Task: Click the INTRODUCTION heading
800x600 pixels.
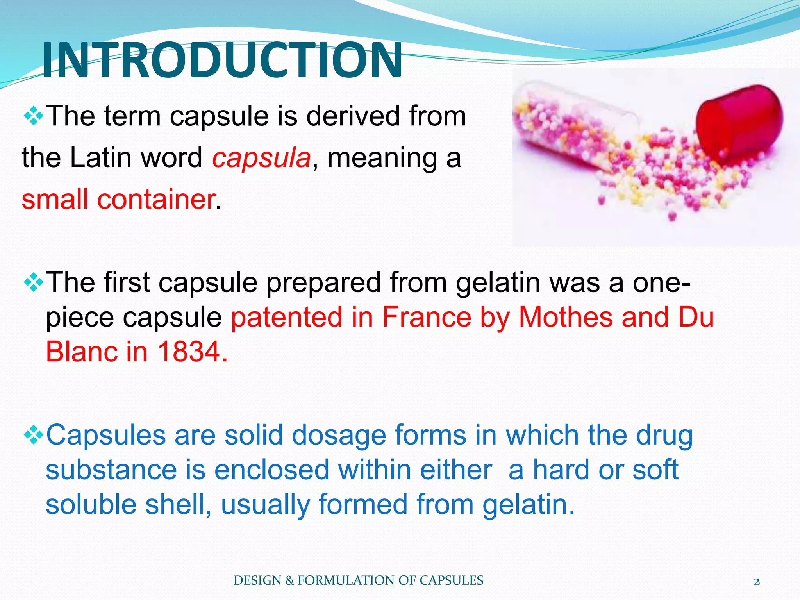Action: tap(222, 61)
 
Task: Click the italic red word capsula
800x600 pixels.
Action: tap(261, 158)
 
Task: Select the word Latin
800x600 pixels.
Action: tap(101, 158)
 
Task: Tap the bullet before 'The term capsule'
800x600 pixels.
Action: tap(33, 116)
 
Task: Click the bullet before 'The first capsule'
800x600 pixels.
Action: tap(33, 283)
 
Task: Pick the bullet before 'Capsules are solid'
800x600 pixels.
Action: tap(33, 435)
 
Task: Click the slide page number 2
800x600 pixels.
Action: tap(757, 582)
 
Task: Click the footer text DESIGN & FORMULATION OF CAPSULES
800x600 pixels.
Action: tap(358, 580)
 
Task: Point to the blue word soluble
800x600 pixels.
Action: tap(91, 504)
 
